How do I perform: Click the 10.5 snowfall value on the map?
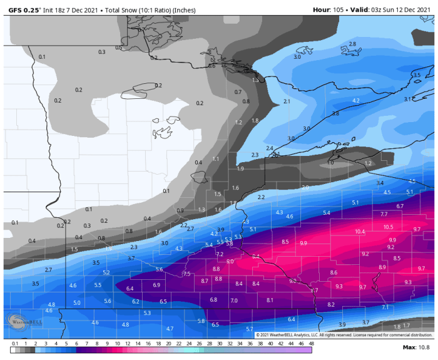pyautogui.click(x=388, y=227)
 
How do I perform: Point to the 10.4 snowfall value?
pyautogui.click(x=360, y=232)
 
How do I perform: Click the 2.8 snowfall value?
pyautogui.click(x=352, y=44)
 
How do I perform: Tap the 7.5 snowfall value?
pyautogui.click(x=186, y=274)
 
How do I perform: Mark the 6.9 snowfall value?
pyautogui.click(x=156, y=285)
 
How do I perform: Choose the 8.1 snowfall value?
pyautogui.click(x=270, y=300)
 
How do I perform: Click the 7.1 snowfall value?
pyautogui.click(x=385, y=307)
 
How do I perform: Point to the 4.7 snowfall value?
pyautogui.click(x=170, y=329)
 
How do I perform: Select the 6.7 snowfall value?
pyautogui.click(x=400, y=206)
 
